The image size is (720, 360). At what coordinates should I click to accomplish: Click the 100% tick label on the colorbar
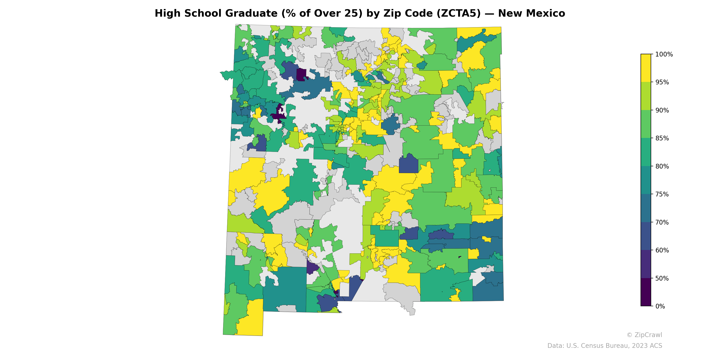click(664, 54)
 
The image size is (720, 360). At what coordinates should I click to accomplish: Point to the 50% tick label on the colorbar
click(662, 278)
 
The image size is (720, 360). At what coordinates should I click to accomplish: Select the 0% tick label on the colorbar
click(660, 306)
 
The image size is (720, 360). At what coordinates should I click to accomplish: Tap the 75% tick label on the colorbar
click(662, 194)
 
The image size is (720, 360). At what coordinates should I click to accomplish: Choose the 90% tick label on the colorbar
click(662, 110)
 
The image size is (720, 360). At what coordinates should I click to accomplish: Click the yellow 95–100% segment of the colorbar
click(646, 68)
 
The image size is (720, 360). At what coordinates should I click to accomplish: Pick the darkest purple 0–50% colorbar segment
click(646, 292)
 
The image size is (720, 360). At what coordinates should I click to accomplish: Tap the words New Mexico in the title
click(531, 13)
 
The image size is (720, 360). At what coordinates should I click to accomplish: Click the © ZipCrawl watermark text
click(644, 335)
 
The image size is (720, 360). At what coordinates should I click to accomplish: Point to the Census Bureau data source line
click(605, 346)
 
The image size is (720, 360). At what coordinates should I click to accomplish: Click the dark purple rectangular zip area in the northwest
click(301, 75)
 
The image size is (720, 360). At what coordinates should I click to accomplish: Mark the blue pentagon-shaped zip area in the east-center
click(408, 165)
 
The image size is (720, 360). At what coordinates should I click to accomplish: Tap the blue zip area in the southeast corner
click(488, 291)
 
